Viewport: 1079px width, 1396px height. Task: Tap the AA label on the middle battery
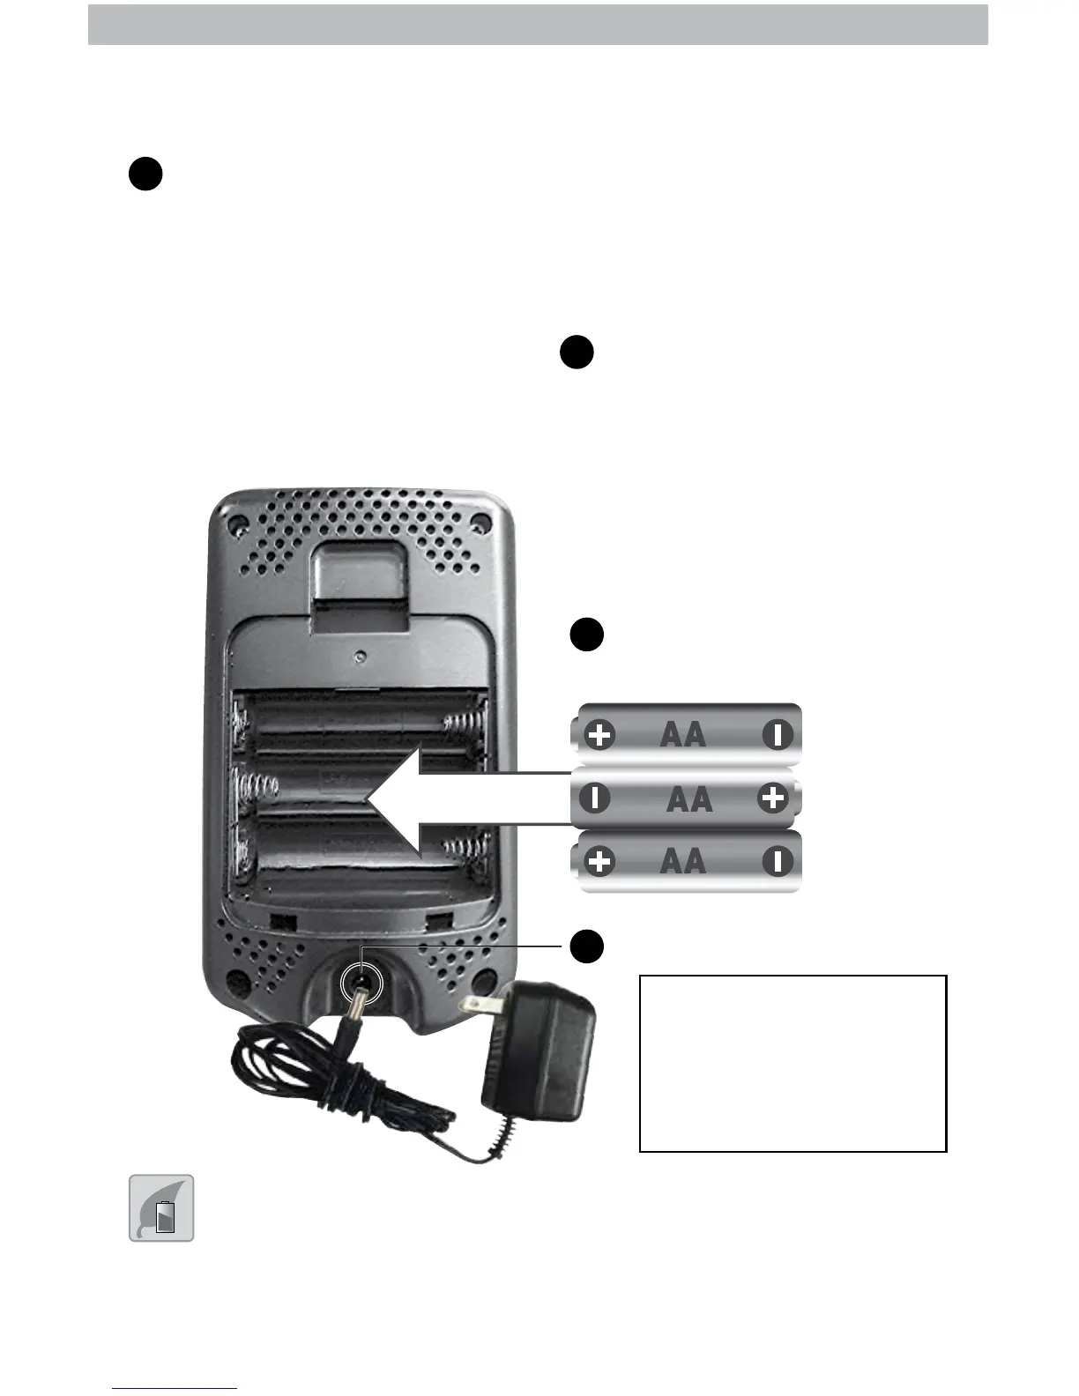pyautogui.click(x=688, y=798)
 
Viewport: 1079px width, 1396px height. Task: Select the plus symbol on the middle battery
pyautogui.click(x=772, y=798)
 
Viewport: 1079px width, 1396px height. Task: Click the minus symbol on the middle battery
pyautogui.click(x=596, y=798)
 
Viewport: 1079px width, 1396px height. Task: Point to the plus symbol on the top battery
pyautogui.click(x=600, y=735)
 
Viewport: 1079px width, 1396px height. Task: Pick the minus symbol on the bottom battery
pyautogui.click(x=778, y=861)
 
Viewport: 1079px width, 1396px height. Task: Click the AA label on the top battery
pyautogui.click(x=682, y=735)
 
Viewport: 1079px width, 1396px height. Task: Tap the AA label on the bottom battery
pyautogui.click(x=682, y=861)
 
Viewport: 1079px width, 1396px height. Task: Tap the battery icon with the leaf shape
pyautogui.click(x=161, y=1208)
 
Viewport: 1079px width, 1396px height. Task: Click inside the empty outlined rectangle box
pyautogui.click(x=793, y=1063)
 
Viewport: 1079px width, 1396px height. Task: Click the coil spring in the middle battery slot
pyautogui.click(x=258, y=783)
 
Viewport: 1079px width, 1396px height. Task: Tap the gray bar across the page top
pyautogui.click(x=538, y=25)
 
